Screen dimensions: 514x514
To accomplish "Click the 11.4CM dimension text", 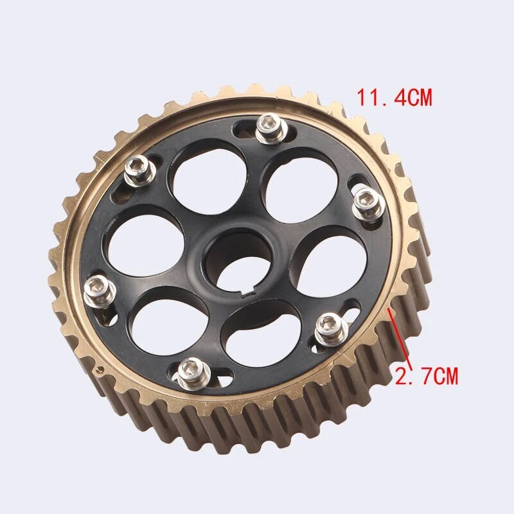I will pos(394,98).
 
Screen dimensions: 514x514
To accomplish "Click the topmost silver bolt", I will pos(271,127).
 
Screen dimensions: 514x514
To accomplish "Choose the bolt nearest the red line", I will pos(332,328).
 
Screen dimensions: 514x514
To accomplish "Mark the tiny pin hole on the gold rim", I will pos(102,369).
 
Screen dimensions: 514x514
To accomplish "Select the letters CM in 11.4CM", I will pos(418,98).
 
